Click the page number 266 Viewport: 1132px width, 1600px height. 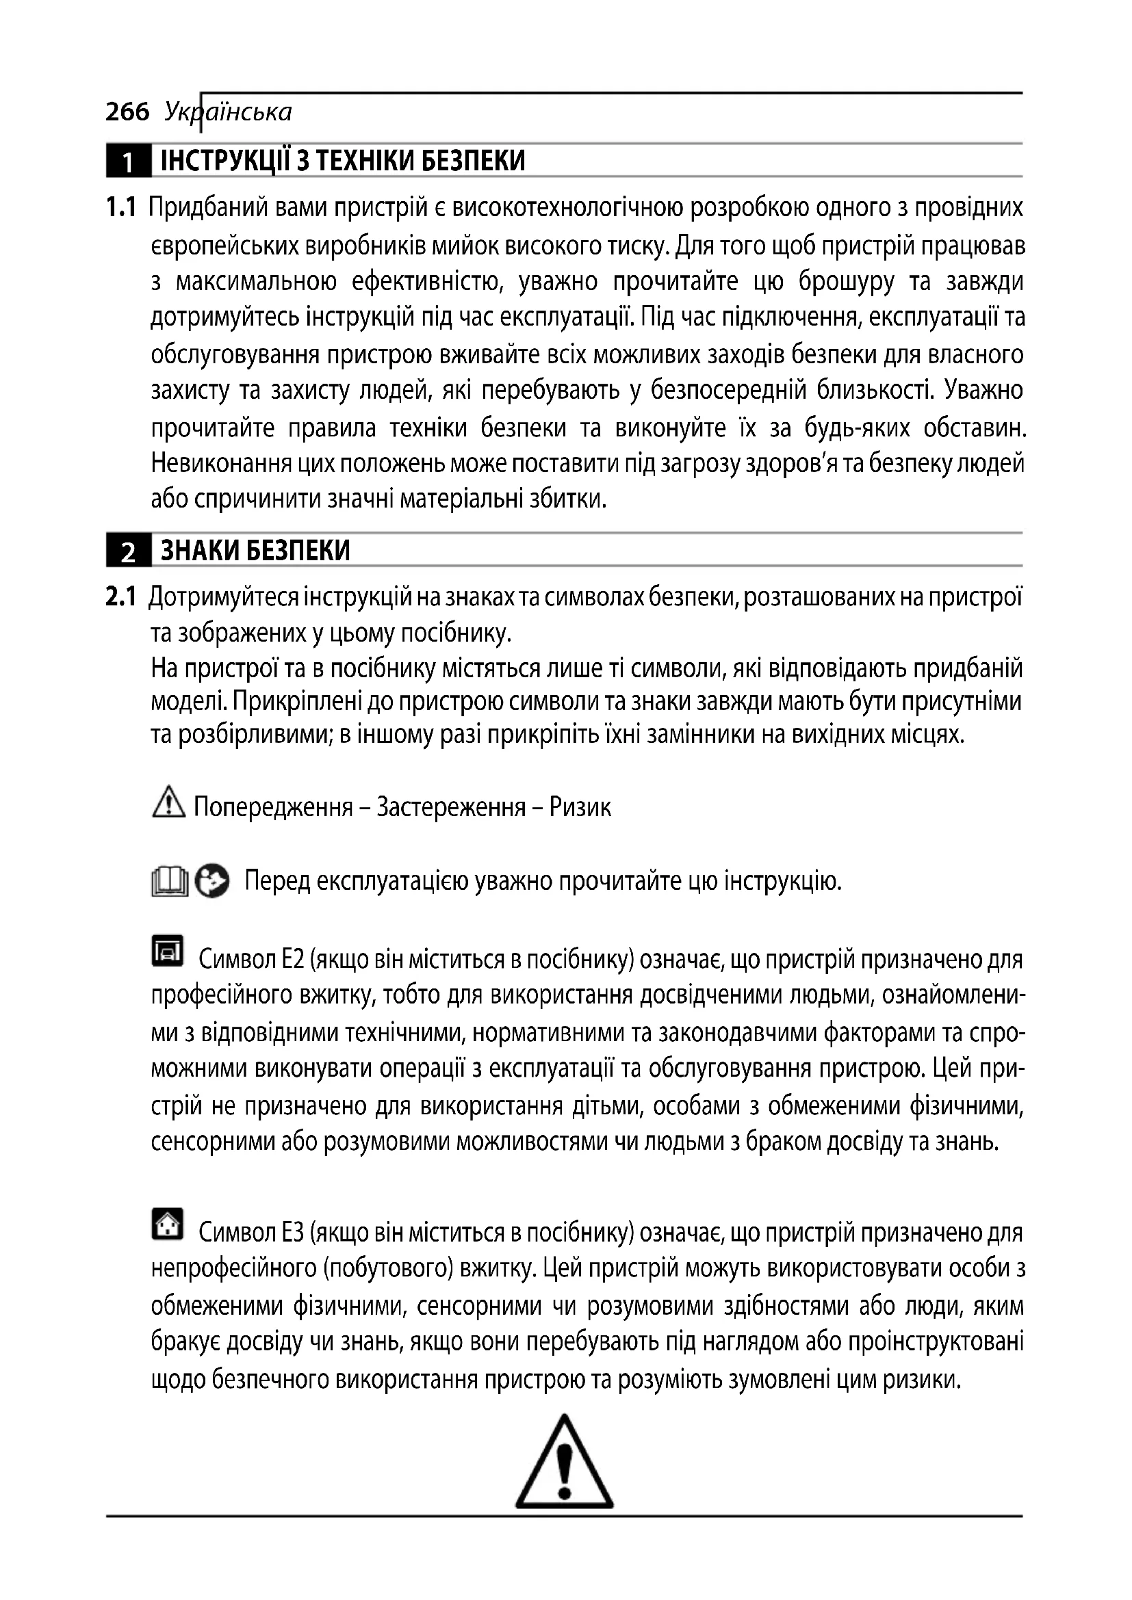point(127,112)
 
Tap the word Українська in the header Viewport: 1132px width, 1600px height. point(229,112)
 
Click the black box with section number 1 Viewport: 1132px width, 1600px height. point(127,161)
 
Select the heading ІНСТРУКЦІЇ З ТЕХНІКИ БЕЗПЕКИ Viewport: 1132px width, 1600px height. point(342,161)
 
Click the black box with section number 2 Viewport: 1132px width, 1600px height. point(127,551)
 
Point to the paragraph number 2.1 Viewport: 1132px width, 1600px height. point(120,597)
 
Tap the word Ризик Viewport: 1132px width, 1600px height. point(580,808)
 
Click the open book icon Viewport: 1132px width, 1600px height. point(169,882)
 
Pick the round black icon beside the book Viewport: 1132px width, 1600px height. point(212,882)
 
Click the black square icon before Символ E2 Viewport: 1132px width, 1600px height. point(167,951)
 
